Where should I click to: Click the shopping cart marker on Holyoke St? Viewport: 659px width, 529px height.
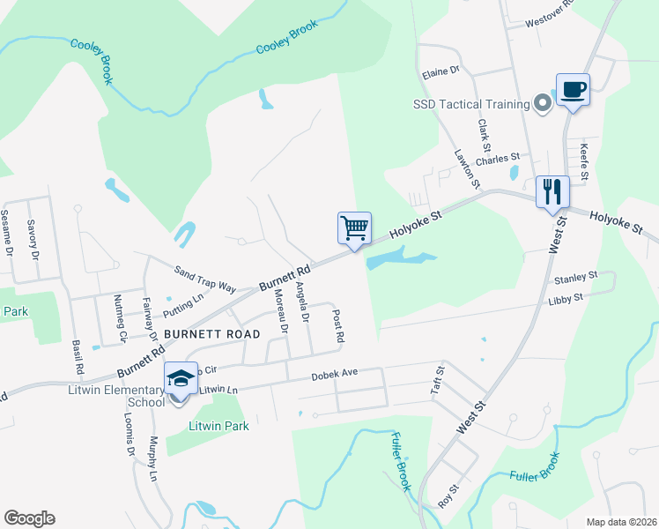[x=355, y=228]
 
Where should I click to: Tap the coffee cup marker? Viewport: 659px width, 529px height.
[x=573, y=90]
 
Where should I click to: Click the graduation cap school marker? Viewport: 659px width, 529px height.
[x=181, y=379]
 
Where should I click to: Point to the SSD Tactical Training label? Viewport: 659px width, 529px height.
[x=471, y=104]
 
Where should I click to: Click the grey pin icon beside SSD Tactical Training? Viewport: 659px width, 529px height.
[x=542, y=104]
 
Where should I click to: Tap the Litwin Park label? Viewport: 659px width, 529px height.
[x=218, y=426]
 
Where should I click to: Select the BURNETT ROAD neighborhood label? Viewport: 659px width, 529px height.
[x=211, y=334]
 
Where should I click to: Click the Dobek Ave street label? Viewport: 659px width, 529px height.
[x=335, y=374]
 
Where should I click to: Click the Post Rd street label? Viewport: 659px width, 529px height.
[x=337, y=325]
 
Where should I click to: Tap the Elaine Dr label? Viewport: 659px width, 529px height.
[x=441, y=70]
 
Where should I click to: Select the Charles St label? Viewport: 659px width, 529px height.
[x=497, y=160]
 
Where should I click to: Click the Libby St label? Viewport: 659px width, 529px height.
[x=566, y=299]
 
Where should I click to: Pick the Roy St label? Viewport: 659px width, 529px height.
[x=449, y=495]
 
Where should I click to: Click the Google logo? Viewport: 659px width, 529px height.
[x=29, y=518]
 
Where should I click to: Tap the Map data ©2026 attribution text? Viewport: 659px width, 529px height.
[x=622, y=522]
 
